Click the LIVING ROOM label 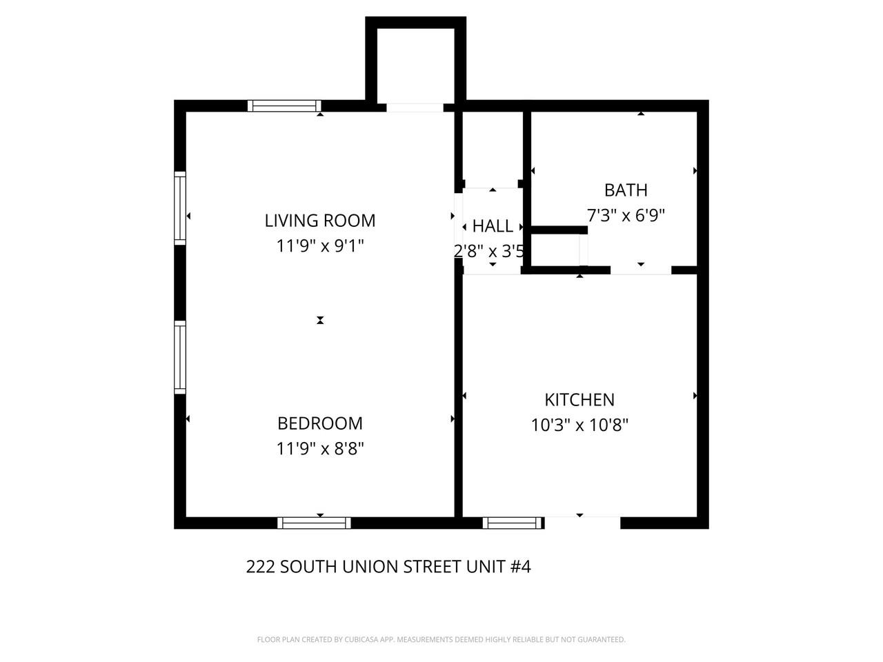click(320, 221)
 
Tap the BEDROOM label click(320, 423)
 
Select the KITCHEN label click(579, 400)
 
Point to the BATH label click(626, 190)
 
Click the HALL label click(493, 226)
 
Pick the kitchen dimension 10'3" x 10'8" click(579, 425)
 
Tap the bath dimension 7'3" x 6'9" click(626, 215)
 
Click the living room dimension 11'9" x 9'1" click(320, 245)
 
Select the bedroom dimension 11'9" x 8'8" click(320, 449)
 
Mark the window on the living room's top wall click(284, 106)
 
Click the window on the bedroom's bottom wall click(314, 523)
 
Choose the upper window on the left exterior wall click(180, 208)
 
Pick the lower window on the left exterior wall click(180, 357)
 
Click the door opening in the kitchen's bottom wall click(582, 523)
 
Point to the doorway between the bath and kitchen click(641, 270)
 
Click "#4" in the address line click(520, 567)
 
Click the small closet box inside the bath click(556, 249)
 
